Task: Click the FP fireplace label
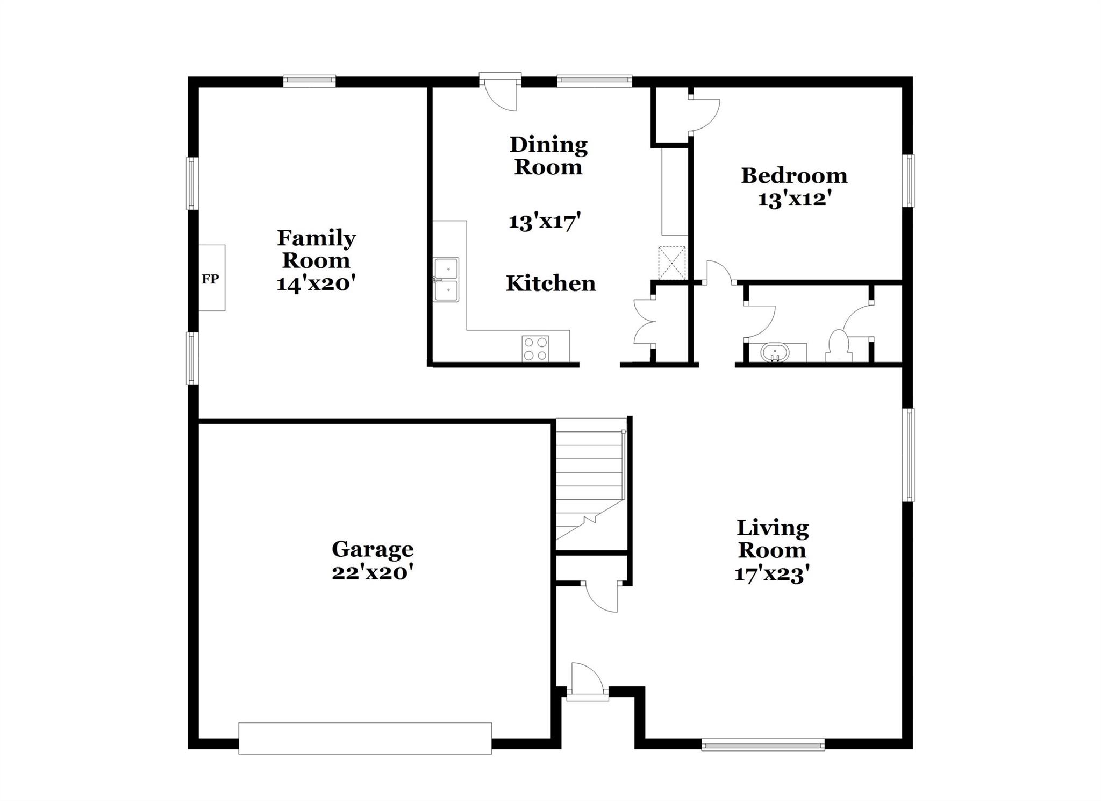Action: click(x=210, y=279)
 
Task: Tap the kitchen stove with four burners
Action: click(x=535, y=349)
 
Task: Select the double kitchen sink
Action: click(x=446, y=279)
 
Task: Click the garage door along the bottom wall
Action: click(x=365, y=738)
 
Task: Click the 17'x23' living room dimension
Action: click(x=772, y=575)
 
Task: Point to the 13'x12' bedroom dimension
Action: click(x=795, y=200)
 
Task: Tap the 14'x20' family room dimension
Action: click(x=316, y=283)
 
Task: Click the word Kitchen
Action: click(x=550, y=283)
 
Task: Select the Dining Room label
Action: click(x=548, y=155)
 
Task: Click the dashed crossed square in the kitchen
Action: click(x=672, y=263)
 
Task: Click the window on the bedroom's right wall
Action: click(x=908, y=181)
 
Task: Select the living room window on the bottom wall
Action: click(x=763, y=745)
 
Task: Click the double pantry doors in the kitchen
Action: click(x=644, y=322)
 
